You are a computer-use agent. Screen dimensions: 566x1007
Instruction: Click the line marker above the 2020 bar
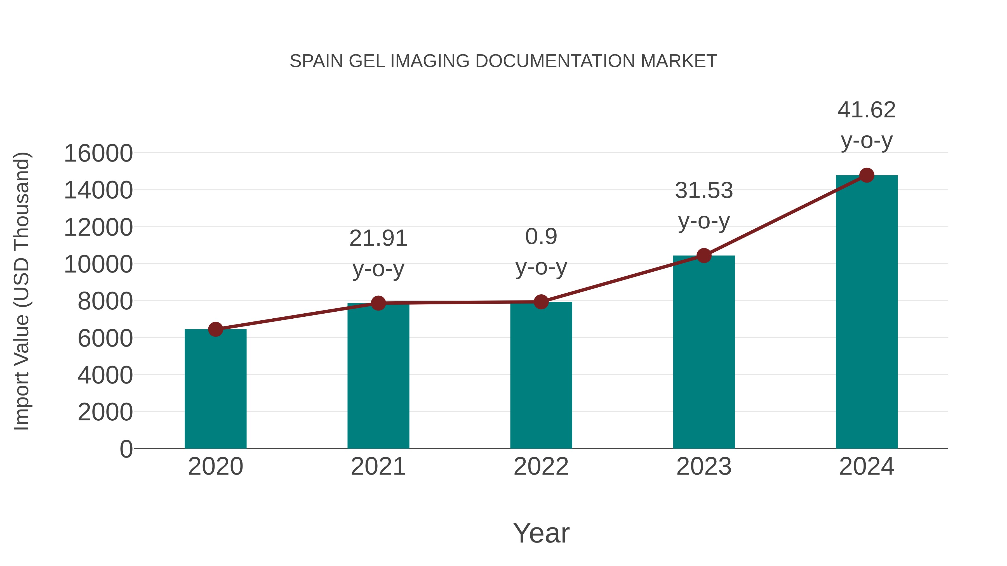[x=215, y=329]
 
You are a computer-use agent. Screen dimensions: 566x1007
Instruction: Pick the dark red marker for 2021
[x=378, y=303]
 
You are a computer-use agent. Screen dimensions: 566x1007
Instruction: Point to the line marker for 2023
[x=704, y=255]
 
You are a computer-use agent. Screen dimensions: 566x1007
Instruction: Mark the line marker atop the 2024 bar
[x=867, y=175]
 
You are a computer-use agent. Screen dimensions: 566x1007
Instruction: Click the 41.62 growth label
[x=866, y=110]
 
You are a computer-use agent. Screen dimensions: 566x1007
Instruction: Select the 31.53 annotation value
[x=704, y=191]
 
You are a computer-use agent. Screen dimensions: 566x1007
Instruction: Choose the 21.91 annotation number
[x=378, y=238]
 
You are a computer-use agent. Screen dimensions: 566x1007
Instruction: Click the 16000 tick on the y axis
[x=98, y=153]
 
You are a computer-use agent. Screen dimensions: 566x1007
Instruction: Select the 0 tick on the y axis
[x=126, y=449]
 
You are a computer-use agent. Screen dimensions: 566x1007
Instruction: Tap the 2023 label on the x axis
[x=704, y=466]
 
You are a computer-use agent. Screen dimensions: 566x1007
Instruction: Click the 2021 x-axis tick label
[x=378, y=466]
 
